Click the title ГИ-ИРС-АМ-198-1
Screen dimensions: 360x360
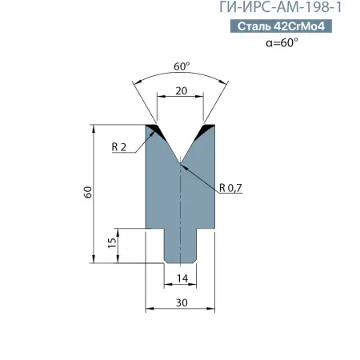coord(286,9)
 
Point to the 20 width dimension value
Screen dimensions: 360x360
coord(181,92)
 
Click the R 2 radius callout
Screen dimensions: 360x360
coord(119,146)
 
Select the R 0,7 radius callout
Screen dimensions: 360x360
coord(230,188)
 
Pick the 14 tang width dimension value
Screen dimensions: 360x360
coord(181,278)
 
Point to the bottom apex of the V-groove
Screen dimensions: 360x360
coord(181,163)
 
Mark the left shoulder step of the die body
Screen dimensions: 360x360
coord(155,228)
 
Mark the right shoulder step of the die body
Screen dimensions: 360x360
coord(206,228)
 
